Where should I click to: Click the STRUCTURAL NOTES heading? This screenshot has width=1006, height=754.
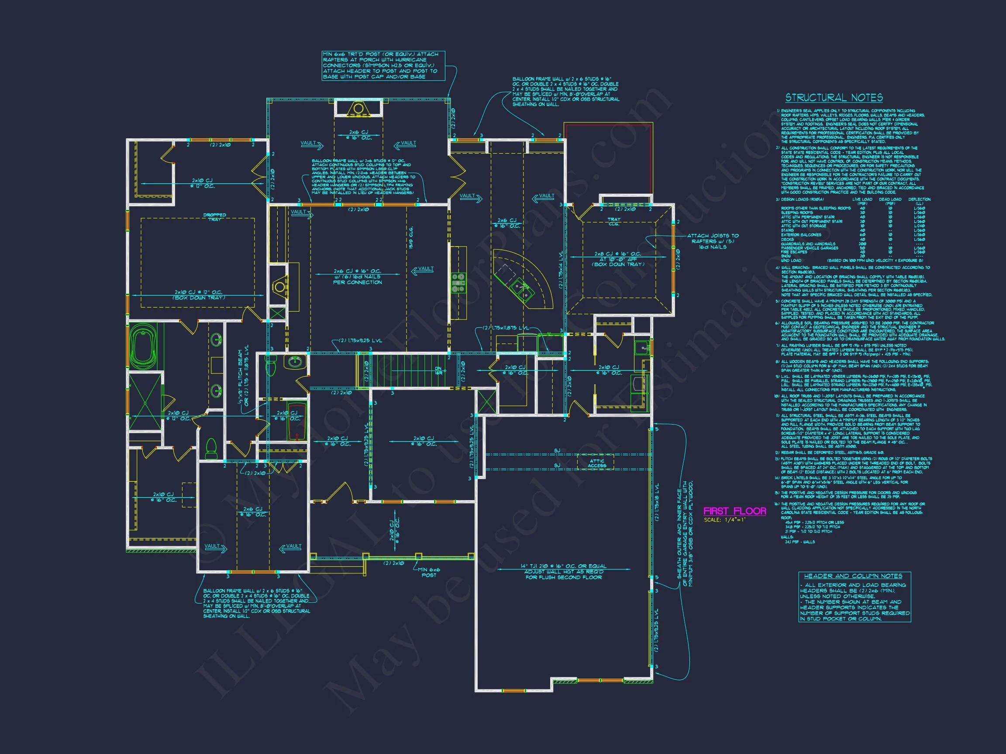(x=834, y=98)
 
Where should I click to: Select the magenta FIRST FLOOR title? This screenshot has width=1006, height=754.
(x=734, y=511)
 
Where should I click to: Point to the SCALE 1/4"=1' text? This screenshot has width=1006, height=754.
(x=724, y=520)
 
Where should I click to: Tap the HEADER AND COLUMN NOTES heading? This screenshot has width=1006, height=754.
(x=853, y=576)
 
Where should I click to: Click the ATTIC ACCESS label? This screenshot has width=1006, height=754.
(x=596, y=463)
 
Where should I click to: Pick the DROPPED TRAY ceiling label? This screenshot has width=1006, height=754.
(x=215, y=217)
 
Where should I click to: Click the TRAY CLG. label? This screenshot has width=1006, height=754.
(x=614, y=222)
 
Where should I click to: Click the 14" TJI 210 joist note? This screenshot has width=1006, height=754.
(x=564, y=572)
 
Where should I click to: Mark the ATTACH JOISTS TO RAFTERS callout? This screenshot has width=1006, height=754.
(x=712, y=241)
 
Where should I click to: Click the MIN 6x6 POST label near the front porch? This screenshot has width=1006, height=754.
(x=428, y=572)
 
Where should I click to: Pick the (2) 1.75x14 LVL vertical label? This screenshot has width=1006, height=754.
(x=561, y=270)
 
